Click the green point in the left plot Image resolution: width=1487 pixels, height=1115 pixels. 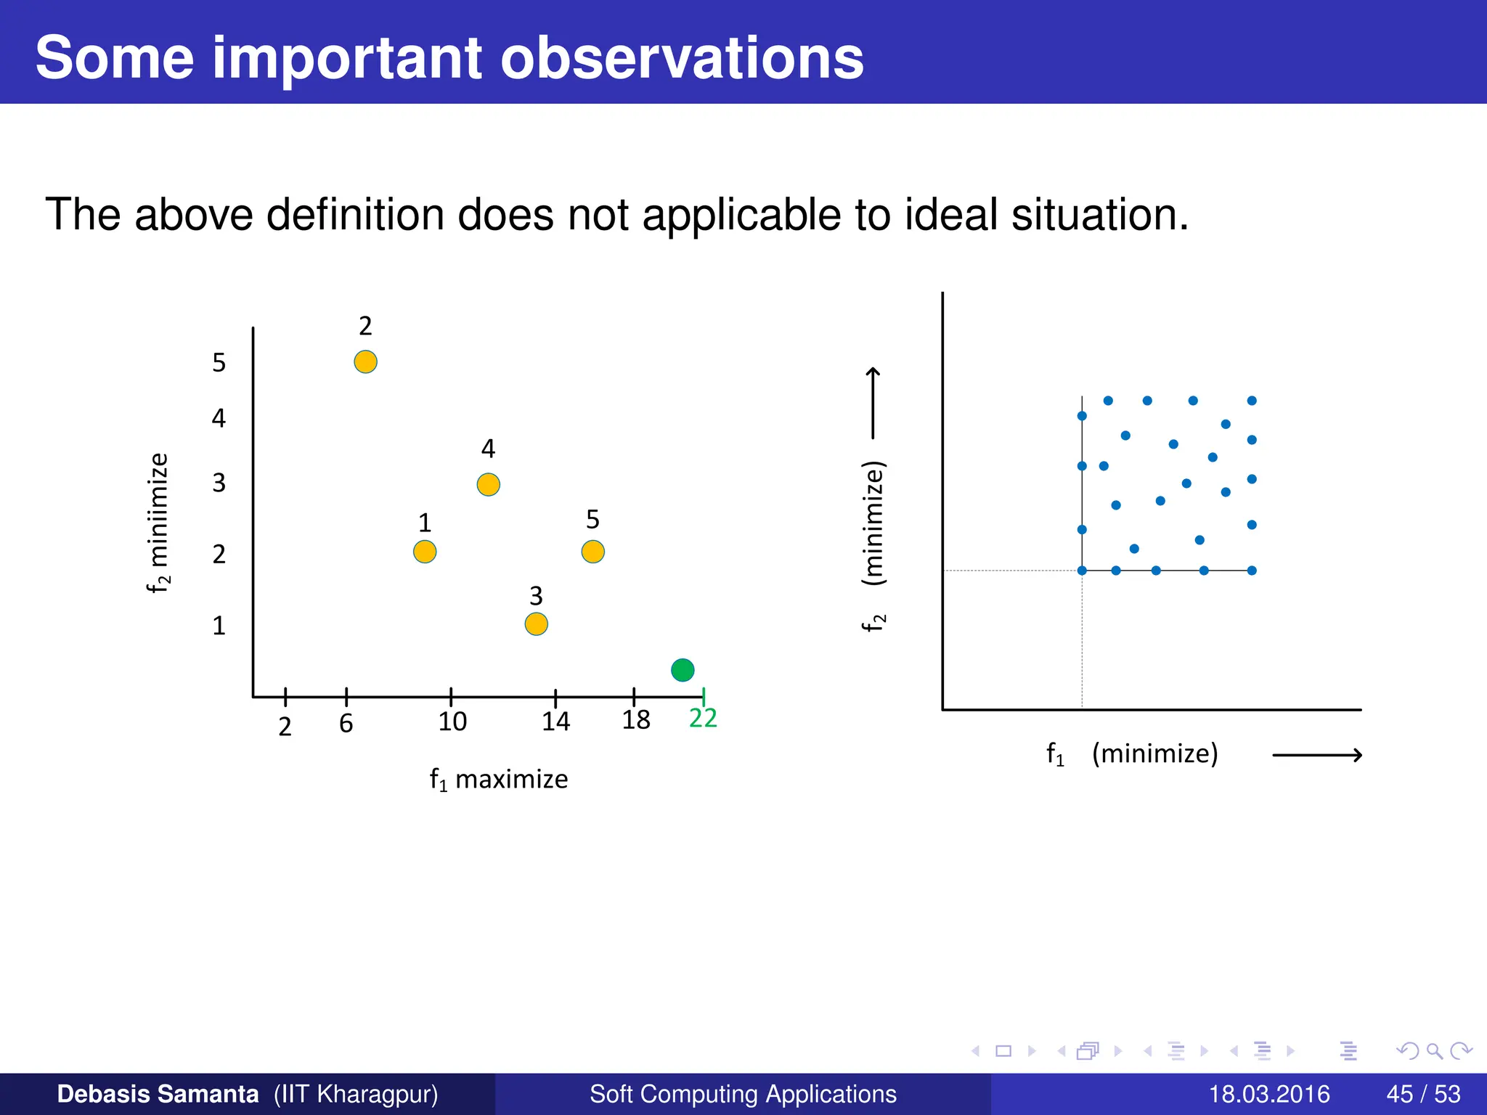683,669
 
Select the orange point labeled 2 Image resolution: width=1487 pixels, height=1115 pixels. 365,362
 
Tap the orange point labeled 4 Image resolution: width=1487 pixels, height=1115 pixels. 488,484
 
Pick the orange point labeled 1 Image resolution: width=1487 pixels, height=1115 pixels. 425,552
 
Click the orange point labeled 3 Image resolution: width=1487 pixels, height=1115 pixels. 536,624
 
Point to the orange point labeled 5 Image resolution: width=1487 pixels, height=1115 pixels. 592,552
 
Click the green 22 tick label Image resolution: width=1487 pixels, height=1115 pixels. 703,718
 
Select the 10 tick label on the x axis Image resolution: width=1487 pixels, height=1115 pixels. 452,722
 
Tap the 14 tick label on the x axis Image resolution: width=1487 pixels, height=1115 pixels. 555,722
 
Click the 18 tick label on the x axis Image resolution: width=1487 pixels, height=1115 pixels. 636,720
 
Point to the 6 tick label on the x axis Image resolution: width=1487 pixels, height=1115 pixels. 346,724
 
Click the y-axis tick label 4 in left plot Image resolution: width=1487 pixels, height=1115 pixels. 219,418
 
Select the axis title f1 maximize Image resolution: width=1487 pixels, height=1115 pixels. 499,780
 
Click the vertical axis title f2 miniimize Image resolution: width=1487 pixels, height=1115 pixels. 158,523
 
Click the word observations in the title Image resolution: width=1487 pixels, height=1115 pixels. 682,58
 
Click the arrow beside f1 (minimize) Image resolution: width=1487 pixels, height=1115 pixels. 1317,756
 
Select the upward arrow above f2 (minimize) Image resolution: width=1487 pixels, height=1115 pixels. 873,403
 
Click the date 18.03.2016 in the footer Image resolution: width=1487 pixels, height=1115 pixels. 1269,1094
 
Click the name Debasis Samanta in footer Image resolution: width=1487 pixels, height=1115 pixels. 158,1094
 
